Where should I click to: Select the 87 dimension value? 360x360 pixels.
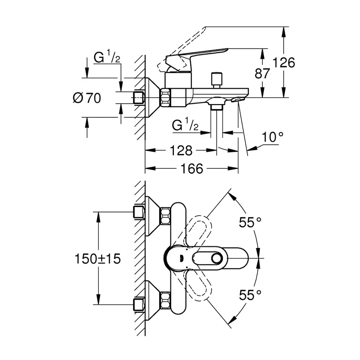tap(262, 73)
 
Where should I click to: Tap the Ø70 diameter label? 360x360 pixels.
tap(87, 98)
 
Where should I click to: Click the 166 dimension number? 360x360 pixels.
tap(190, 169)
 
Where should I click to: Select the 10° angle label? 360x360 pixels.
tap(273, 137)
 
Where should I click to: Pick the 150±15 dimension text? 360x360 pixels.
tap(97, 259)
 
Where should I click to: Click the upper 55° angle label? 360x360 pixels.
tap(250, 222)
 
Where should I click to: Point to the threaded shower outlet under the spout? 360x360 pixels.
tap(217, 106)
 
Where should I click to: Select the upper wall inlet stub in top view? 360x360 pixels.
tap(139, 212)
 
